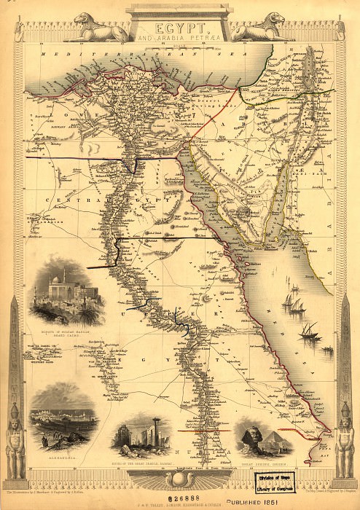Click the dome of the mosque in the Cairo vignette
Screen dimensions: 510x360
click(x=58, y=281)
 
